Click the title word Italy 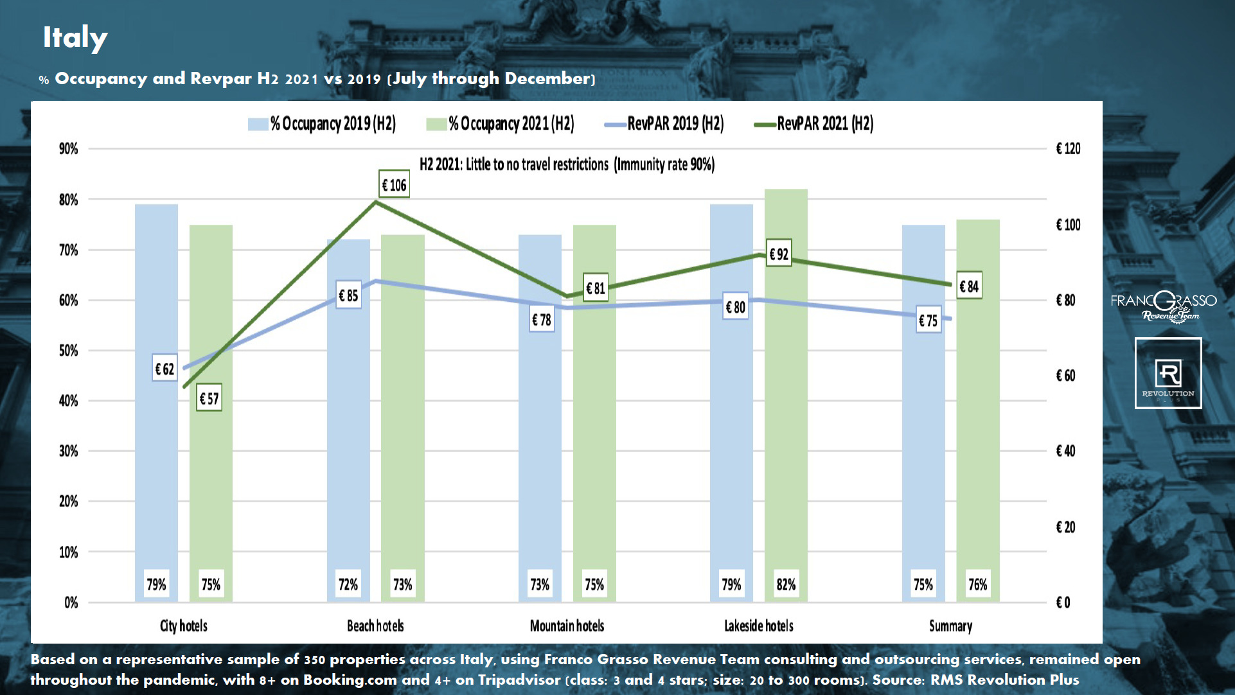pyautogui.click(x=75, y=37)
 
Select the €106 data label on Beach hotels pyautogui.click(x=394, y=185)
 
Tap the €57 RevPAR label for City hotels pyautogui.click(x=209, y=399)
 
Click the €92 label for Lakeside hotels pyautogui.click(x=779, y=254)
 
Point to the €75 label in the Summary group pyautogui.click(x=928, y=321)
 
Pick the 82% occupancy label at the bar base pyautogui.click(x=786, y=585)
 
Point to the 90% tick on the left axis pyautogui.click(x=68, y=149)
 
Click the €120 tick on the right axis pyautogui.click(x=1068, y=149)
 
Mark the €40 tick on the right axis pyautogui.click(x=1065, y=451)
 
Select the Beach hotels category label pyautogui.click(x=375, y=626)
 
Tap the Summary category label pyautogui.click(x=950, y=626)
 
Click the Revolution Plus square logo pyautogui.click(x=1168, y=373)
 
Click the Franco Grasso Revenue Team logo pyautogui.click(x=1164, y=306)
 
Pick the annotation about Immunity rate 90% pyautogui.click(x=567, y=164)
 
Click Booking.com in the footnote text pyautogui.click(x=350, y=680)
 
